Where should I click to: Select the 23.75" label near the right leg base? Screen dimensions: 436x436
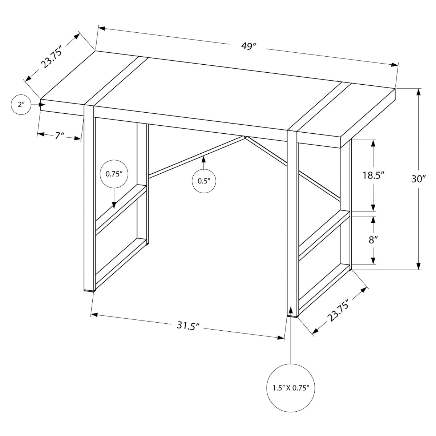click(x=338, y=310)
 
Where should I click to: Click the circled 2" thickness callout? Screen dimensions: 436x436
click(x=21, y=105)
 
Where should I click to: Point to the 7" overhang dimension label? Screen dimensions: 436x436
click(x=59, y=136)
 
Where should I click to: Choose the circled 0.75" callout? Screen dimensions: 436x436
click(x=114, y=173)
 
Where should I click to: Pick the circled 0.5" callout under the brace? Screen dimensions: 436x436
click(x=203, y=180)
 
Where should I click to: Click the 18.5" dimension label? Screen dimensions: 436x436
click(x=373, y=175)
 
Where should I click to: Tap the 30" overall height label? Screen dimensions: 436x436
click(x=419, y=179)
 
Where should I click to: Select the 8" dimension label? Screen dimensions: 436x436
click(x=373, y=240)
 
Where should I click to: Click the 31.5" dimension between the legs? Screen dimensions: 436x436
click(x=189, y=326)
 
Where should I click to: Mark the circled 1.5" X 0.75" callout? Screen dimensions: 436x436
click(x=291, y=388)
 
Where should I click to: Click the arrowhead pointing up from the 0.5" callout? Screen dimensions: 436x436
click(x=203, y=159)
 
